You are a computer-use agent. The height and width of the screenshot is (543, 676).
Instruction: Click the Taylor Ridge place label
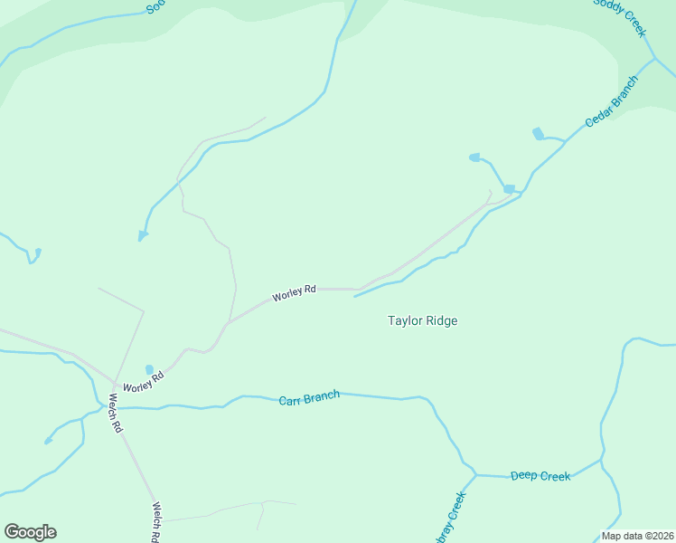(x=422, y=320)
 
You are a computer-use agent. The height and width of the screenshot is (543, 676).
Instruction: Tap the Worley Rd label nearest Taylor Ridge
(x=295, y=292)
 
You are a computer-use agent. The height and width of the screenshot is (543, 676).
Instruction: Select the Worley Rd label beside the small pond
(x=144, y=382)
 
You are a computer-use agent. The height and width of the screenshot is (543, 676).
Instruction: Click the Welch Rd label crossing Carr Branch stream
(x=115, y=413)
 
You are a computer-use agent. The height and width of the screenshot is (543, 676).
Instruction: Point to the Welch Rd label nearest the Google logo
(x=156, y=521)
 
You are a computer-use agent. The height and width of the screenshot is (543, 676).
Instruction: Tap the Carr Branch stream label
(x=309, y=397)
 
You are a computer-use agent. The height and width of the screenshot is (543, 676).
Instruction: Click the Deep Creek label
(x=540, y=475)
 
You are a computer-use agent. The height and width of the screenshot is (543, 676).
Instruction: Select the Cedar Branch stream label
(x=611, y=100)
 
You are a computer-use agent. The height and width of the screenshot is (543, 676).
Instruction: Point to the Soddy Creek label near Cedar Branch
(x=619, y=16)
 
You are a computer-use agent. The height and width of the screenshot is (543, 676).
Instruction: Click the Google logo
(x=30, y=532)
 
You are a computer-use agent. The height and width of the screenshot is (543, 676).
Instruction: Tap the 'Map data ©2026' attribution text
(x=637, y=536)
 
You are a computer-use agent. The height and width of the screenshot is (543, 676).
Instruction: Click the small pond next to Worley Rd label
(x=149, y=369)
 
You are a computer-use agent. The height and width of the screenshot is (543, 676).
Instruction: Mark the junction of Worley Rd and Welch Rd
(x=114, y=383)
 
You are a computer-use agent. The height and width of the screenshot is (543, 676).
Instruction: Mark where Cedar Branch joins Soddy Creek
(x=654, y=60)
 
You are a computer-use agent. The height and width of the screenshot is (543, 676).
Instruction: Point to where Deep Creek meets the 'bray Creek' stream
(x=475, y=474)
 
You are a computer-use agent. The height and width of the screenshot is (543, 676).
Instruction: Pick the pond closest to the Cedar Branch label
(x=539, y=134)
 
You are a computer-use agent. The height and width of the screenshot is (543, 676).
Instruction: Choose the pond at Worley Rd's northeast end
(x=509, y=188)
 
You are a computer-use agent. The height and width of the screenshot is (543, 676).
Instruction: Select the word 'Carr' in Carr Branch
(x=288, y=400)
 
